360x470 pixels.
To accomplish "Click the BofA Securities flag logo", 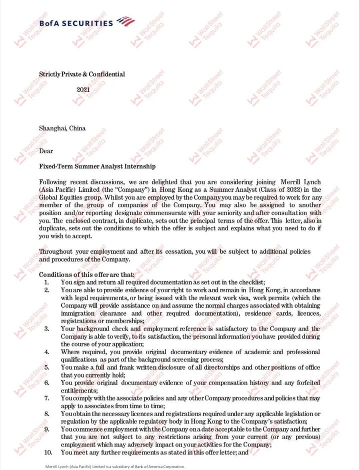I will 125,21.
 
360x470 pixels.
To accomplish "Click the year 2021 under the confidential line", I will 83,89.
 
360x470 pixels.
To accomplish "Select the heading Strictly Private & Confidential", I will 82,74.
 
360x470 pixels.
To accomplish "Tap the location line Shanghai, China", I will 62,128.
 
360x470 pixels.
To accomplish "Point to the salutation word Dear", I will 46,151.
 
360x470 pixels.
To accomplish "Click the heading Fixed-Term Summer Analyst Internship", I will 97,166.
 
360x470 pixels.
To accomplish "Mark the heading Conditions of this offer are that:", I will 87,275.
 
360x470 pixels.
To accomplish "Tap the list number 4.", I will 46,352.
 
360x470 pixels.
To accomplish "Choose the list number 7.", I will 46,398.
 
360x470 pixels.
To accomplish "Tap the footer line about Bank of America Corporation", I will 115,467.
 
